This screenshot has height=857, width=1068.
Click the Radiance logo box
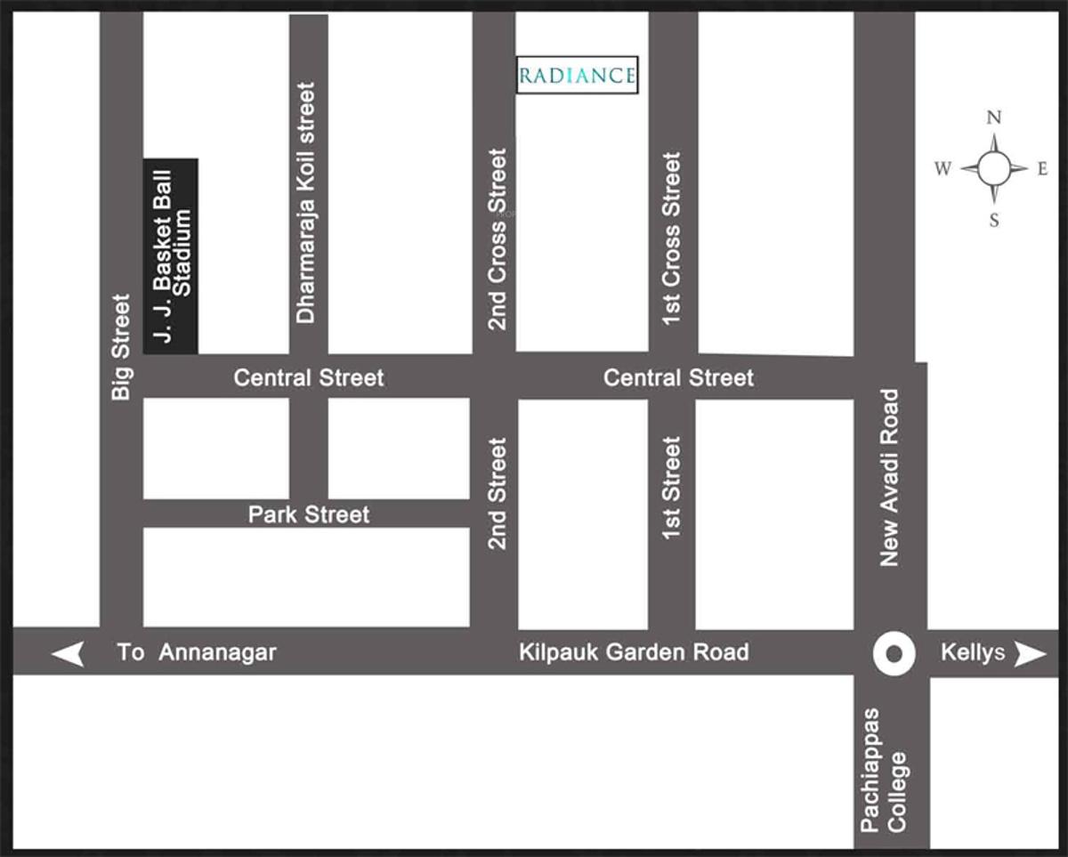pos(578,76)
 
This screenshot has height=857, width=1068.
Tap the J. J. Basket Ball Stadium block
pos(171,256)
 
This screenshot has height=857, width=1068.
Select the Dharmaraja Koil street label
pos(306,203)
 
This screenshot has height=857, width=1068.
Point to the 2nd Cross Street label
pos(497,239)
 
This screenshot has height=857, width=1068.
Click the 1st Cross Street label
pos(671,239)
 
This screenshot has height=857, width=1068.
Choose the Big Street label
pos(121,346)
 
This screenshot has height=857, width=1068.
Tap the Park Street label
pos(308,513)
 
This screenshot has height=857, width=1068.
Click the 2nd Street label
pos(497,493)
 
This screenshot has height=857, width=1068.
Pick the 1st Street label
pos(671,487)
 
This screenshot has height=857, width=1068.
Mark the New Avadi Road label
pos(889,478)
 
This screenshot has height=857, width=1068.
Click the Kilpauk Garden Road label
pos(634,652)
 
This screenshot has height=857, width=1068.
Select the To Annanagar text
pos(197,652)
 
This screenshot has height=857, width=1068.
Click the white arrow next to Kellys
pos(1031,655)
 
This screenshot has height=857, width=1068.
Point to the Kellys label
pos(973,652)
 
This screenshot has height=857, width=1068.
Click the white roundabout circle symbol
pos(894,655)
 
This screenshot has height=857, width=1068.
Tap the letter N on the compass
pos(994,117)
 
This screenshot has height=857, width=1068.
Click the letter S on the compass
pos(994,220)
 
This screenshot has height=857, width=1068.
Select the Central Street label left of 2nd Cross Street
pos(309,378)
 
